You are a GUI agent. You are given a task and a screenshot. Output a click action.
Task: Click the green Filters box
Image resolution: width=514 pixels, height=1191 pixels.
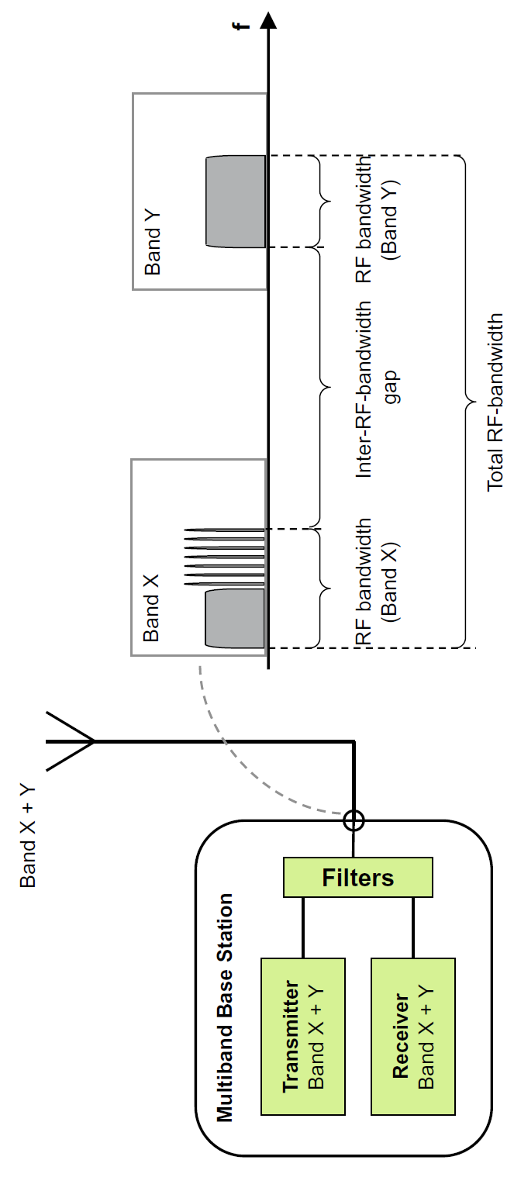(x=357, y=877)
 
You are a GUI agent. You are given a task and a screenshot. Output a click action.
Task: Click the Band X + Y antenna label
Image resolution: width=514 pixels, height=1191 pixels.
(x=28, y=831)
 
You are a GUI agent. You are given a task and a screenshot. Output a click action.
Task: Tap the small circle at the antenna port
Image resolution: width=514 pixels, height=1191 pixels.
(x=354, y=819)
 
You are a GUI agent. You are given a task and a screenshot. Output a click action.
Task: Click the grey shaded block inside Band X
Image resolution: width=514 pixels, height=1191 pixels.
(x=235, y=618)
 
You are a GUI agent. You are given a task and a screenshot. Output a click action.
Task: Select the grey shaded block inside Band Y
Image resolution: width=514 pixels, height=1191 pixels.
(x=236, y=202)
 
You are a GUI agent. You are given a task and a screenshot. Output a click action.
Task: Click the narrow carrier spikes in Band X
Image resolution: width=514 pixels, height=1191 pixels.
(x=225, y=558)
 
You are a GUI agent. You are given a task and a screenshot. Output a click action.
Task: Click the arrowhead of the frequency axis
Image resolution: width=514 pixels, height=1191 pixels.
(x=268, y=22)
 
